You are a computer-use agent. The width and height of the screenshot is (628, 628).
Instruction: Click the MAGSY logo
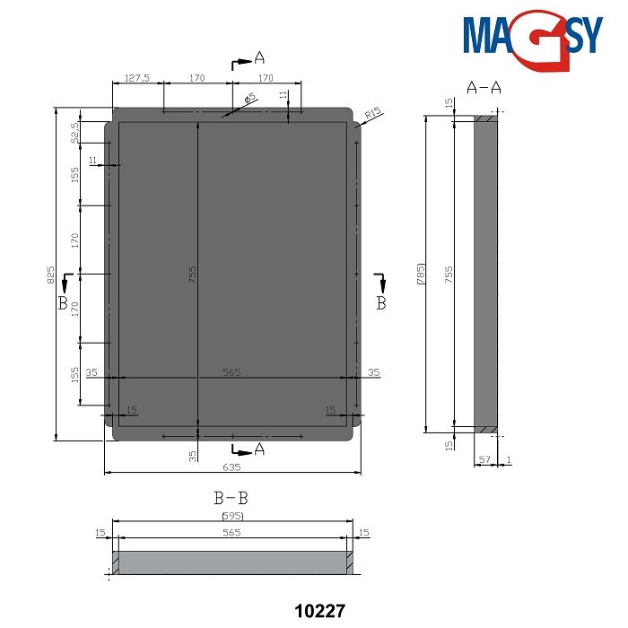(x=534, y=37)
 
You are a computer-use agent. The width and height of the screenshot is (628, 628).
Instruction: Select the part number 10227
(x=320, y=610)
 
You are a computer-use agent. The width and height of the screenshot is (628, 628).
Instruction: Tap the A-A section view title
(x=484, y=87)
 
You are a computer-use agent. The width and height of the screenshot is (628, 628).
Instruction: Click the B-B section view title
(x=232, y=497)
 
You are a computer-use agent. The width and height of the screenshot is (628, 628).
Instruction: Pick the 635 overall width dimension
(x=232, y=467)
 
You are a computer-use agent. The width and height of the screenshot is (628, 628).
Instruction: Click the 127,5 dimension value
(x=137, y=79)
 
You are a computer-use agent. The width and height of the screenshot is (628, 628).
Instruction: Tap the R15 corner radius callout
(x=374, y=113)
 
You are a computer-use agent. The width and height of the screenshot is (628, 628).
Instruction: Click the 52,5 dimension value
(x=76, y=131)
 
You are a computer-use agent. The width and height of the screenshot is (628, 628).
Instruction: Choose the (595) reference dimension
(x=232, y=516)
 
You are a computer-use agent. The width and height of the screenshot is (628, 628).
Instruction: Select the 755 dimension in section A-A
(x=449, y=274)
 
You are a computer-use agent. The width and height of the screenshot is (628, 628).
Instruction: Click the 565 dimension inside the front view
(x=232, y=371)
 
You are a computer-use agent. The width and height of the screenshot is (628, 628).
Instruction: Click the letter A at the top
(x=259, y=58)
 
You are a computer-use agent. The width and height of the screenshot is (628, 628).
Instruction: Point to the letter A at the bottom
(x=259, y=448)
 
